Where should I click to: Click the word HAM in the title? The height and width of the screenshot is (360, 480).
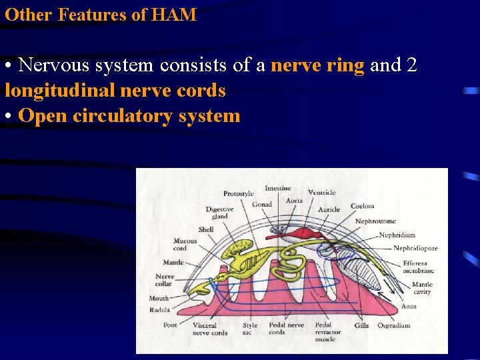[x=175, y=14]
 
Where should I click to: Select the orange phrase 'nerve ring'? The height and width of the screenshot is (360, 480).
[x=317, y=65]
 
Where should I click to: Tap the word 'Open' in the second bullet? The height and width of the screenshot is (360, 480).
[x=43, y=115]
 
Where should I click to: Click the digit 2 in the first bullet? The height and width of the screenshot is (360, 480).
[x=411, y=65]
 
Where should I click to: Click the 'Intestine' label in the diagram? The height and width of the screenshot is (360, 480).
[x=277, y=188]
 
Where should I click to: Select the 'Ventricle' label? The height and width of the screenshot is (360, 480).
[x=322, y=193]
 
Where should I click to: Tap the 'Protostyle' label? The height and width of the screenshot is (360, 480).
[x=238, y=193]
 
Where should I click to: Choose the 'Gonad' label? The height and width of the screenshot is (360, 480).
[x=261, y=204]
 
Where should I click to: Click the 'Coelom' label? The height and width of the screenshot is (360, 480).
[x=362, y=206]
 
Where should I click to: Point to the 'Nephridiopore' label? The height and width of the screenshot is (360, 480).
[x=415, y=248]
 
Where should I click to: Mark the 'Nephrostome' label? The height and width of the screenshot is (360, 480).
[x=375, y=221]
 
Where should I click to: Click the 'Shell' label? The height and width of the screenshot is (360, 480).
[x=206, y=229]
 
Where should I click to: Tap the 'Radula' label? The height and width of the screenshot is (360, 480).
[x=159, y=309]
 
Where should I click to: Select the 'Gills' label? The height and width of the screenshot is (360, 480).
[x=361, y=325]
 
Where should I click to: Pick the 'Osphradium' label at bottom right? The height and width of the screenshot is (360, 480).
[x=394, y=325]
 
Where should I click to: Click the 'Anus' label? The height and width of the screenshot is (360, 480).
[x=409, y=306]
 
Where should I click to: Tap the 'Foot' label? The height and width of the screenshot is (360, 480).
[x=170, y=325]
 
